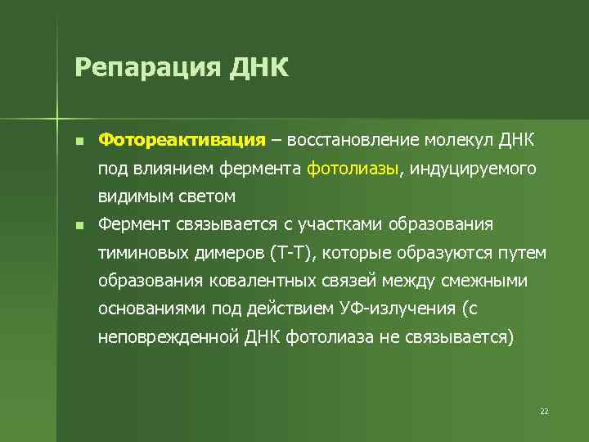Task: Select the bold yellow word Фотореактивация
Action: point(182,139)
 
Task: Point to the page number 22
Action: point(544,411)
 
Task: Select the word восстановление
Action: point(353,139)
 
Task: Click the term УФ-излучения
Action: point(393,309)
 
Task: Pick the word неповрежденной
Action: point(168,337)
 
